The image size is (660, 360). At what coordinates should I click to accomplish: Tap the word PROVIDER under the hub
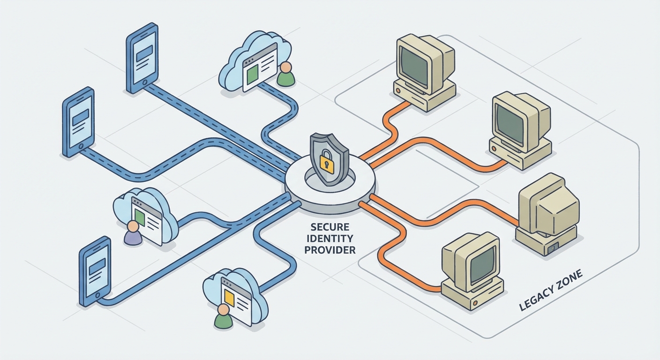(330, 250)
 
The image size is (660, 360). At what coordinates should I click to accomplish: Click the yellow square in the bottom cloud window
(230, 297)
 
